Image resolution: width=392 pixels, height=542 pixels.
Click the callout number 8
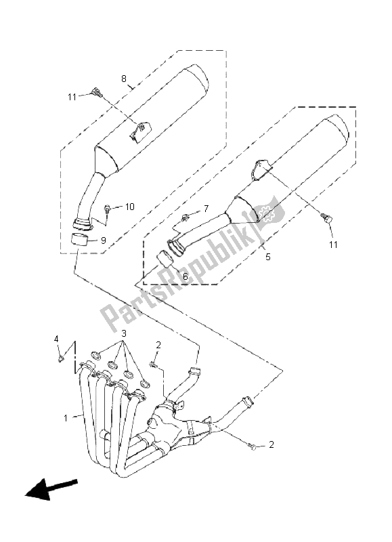click(x=124, y=79)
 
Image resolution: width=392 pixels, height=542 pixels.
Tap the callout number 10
click(x=129, y=207)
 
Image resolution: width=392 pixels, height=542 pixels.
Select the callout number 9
click(x=104, y=241)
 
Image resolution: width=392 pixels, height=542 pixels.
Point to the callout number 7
click(x=206, y=209)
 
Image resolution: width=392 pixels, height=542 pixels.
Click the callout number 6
click(x=185, y=276)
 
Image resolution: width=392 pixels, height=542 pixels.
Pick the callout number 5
click(x=268, y=257)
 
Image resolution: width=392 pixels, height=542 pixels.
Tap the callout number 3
click(x=124, y=333)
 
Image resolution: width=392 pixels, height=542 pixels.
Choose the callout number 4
click(x=56, y=339)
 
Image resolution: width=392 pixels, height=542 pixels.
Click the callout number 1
click(x=66, y=418)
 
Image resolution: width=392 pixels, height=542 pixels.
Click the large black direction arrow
click(x=51, y=488)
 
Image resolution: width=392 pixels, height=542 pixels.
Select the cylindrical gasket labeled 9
click(x=79, y=240)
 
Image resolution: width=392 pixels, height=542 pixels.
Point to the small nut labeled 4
click(x=61, y=359)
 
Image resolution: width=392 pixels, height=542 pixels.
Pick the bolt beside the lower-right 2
click(x=253, y=447)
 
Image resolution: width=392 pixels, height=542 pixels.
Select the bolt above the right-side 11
click(x=326, y=217)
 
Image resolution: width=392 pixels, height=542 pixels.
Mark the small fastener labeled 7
click(x=186, y=217)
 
